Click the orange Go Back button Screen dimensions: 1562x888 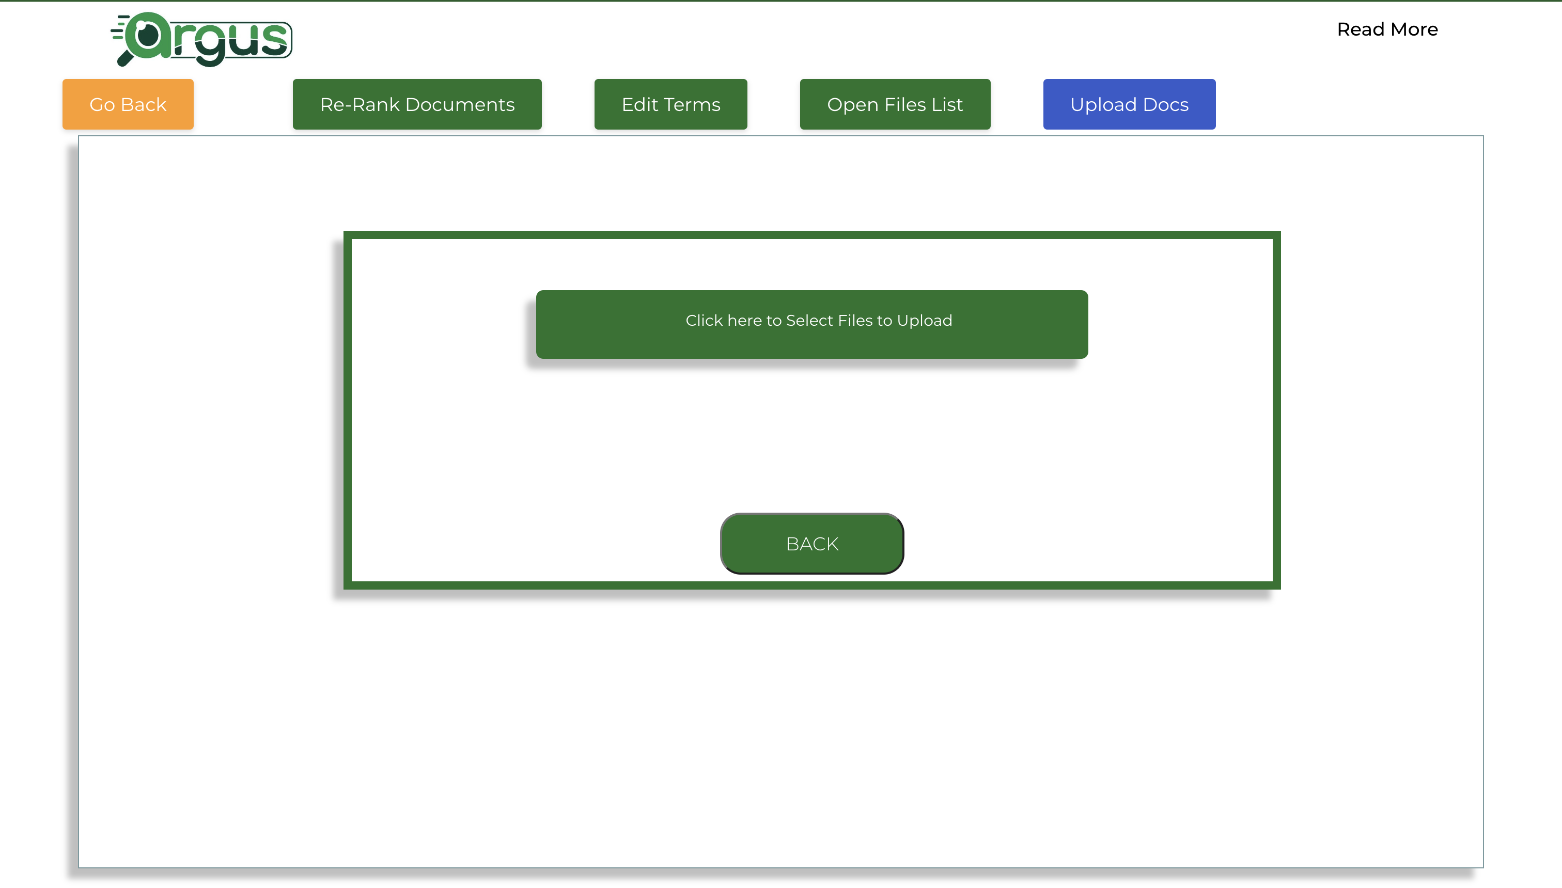128,104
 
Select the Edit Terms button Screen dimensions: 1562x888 670,104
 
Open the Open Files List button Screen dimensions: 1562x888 895,104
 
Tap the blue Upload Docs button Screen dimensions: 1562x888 1129,104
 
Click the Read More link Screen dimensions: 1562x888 1387,29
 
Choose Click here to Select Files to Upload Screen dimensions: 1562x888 812,324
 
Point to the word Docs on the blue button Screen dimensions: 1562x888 1166,105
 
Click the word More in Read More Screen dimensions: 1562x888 1414,29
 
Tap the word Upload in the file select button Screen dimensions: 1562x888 925,321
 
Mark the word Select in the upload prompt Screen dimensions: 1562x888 810,320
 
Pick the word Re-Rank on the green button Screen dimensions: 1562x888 360,105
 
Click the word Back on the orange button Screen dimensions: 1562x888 144,105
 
